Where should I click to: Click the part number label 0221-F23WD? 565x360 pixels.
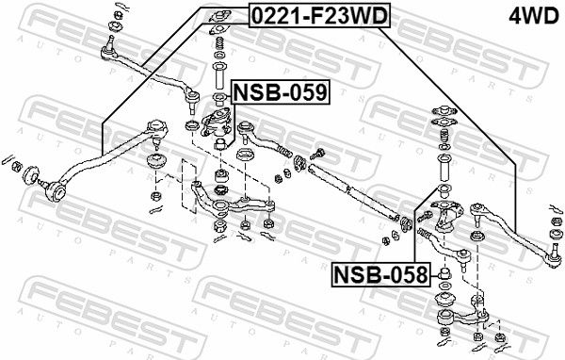316,15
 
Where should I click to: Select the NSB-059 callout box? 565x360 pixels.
280,91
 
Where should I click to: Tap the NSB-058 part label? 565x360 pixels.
379,275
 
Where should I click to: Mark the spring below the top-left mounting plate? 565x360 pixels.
218,44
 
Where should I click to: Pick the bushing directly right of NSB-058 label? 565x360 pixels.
445,276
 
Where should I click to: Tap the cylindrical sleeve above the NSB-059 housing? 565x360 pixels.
218,73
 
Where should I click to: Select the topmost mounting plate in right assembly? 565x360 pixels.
442,110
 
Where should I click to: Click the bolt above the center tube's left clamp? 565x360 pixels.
319,151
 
